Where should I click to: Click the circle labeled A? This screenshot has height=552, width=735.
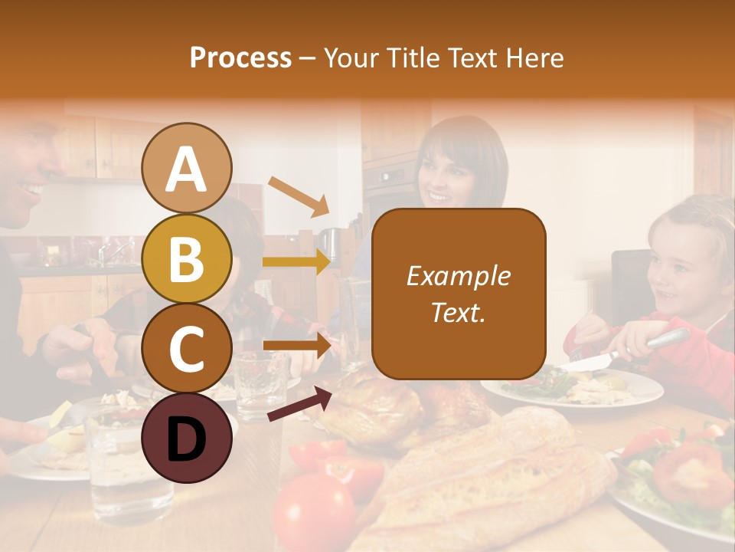[x=187, y=169]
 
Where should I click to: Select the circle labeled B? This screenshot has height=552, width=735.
[x=187, y=258]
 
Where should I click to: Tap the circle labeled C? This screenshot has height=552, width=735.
[x=187, y=348]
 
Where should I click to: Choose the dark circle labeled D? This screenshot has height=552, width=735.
[x=187, y=438]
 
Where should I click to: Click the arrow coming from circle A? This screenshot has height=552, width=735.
[x=298, y=195]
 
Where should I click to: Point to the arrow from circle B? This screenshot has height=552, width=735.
[x=297, y=261]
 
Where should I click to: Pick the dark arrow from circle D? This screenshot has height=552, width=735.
[x=299, y=404]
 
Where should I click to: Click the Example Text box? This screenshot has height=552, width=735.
[x=459, y=294]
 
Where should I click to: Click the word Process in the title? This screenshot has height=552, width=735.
[x=240, y=58]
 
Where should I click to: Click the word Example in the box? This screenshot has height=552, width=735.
[x=458, y=276]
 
